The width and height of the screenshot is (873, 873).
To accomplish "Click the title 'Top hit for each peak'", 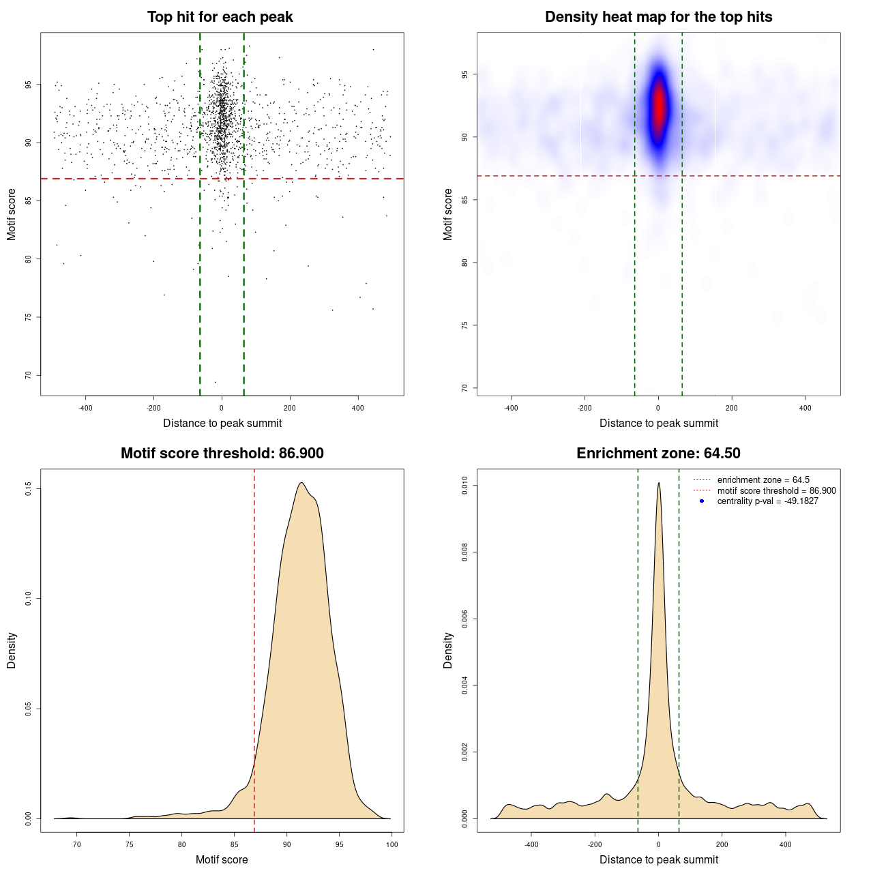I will pos(220,17).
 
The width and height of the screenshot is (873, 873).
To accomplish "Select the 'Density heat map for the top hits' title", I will pos(658,17).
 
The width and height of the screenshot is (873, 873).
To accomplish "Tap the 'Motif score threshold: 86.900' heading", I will pos(222,454).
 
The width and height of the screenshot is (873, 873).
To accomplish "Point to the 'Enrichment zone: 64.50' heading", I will pos(658,454).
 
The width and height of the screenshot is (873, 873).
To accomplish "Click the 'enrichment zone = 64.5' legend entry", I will pos(763,480).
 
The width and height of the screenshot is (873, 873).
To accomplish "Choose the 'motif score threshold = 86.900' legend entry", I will pos(776,490).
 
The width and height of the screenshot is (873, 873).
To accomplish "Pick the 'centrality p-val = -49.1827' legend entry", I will pos(767,501).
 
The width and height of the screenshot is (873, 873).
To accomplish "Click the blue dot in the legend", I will pos(702,501).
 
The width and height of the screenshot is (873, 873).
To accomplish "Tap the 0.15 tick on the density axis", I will pos(29,489).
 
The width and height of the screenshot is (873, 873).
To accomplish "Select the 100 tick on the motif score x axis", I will pos(391,844).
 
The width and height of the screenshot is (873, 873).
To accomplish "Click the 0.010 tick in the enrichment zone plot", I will pos(465,486).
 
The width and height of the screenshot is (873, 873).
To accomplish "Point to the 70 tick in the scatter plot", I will pos(29,375).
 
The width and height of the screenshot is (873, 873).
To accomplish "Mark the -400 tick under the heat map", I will pos(511,408).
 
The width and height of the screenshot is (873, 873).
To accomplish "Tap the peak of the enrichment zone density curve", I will pos(659,483).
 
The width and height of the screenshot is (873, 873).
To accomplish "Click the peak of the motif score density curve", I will pos(301,483).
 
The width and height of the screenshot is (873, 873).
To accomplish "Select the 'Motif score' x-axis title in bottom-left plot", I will pos(222,859).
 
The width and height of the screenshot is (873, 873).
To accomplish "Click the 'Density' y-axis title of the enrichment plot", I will pos(448,650).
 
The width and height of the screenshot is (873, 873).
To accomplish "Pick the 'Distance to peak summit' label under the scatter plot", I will pos(222,423).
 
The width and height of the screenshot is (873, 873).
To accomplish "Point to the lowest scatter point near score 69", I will pos(215,382).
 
